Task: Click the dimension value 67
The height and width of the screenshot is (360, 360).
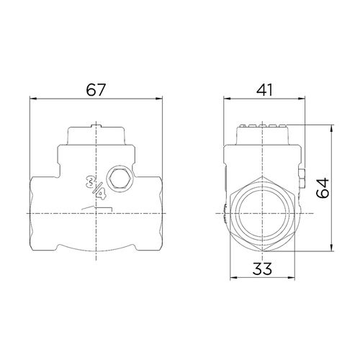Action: pos(96,90)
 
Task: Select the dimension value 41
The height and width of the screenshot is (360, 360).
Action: pos(264,90)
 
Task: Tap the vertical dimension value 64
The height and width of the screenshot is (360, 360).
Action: pos(323,188)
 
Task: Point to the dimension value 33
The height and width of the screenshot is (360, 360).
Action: pos(262,269)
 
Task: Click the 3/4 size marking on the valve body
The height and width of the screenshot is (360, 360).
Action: pos(96,188)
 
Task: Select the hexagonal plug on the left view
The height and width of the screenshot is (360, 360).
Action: pos(119,179)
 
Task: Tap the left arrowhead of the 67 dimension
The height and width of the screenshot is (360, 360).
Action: pos(32,99)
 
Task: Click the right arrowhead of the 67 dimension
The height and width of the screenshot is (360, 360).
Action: pos(159,99)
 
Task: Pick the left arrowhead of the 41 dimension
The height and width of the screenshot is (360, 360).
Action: pos(227,99)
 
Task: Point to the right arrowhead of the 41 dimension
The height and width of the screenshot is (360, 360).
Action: pos(302,99)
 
